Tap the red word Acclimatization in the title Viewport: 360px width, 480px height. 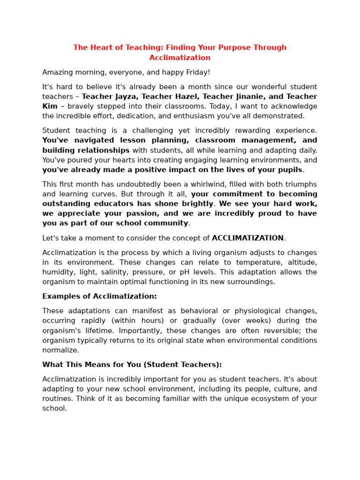180,58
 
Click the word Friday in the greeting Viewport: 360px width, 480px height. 197,72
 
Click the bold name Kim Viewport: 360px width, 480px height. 50,106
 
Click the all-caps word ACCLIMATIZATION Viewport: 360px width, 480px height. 247,238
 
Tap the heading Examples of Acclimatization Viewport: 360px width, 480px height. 99,296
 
